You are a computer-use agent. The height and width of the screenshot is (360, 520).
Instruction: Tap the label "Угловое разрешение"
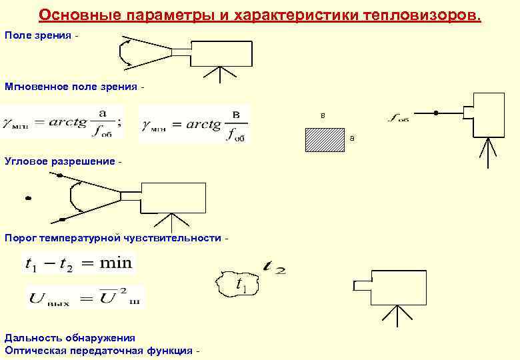59,162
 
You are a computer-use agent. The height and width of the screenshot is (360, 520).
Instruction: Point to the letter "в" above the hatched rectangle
323,116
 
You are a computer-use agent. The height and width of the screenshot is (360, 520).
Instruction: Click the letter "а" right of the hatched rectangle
352,139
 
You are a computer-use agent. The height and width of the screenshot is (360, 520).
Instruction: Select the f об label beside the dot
399,119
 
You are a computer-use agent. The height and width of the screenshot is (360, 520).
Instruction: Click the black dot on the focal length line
436,113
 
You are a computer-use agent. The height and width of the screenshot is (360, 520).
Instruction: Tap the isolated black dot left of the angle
28,197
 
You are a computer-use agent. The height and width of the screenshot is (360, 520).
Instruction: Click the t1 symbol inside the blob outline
241,285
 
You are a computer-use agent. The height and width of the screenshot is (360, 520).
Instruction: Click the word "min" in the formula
116,263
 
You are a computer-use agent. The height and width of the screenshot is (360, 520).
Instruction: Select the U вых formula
84,297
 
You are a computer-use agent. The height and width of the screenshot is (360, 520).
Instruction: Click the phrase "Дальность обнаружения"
70,338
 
